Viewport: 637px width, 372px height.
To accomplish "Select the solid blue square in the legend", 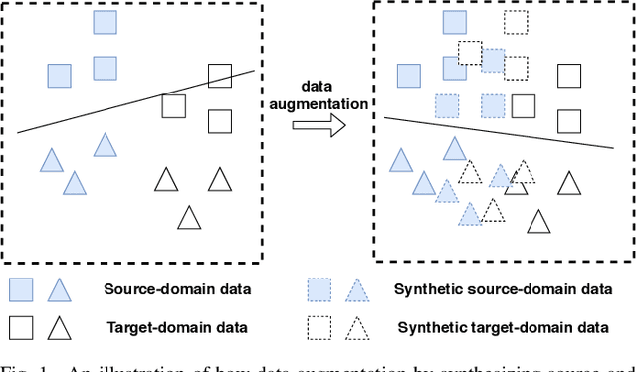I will (22, 290).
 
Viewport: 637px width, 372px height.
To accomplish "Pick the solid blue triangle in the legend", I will (60, 290).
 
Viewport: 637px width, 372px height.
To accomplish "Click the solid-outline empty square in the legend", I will (22, 326).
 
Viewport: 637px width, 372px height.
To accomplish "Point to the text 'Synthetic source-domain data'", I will (503, 289).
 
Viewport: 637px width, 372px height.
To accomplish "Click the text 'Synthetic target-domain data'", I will (503, 326).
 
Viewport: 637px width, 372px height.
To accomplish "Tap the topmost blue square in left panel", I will (104, 24).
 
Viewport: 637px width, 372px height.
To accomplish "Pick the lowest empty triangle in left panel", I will (189, 218).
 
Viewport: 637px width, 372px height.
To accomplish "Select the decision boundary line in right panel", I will (498, 132).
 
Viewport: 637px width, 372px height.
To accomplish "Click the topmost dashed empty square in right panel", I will (516, 21).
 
